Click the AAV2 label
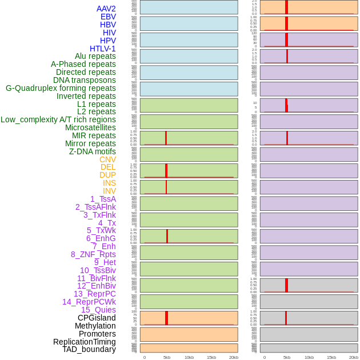pyautogui.click(x=106, y=9)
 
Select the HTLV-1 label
pyautogui.click(x=103, y=49)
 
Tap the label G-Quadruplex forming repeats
pyautogui.click(x=61, y=88)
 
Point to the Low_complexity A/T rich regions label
pyautogui.click(x=58, y=119)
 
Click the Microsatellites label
pyautogui.click(x=90, y=127)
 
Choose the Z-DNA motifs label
pyautogui.click(x=93, y=151)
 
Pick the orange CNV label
pyautogui.click(x=107, y=159)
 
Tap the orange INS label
pyautogui.click(x=109, y=183)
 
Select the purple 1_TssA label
pyautogui.click(x=103, y=199)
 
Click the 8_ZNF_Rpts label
pyautogui.click(x=93, y=254)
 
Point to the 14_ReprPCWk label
pyautogui.click(x=89, y=302)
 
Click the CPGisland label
pyautogui.click(x=97, y=318)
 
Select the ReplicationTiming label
pyautogui.click(x=85, y=342)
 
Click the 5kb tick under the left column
pyautogui.click(x=167, y=357)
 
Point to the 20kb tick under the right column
pyautogui.click(x=354, y=357)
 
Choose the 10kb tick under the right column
pyautogui.click(x=309, y=357)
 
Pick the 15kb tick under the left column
pyautogui.click(x=211, y=357)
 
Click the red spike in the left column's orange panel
pyautogui.click(x=166, y=318)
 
